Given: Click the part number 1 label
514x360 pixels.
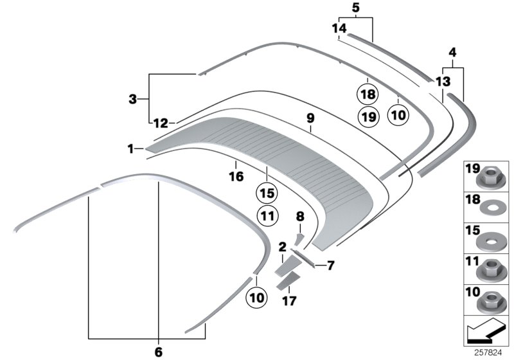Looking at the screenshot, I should coord(130,148).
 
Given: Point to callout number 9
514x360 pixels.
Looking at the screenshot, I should coord(310,118).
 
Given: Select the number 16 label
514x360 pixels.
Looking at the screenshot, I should coord(236,175).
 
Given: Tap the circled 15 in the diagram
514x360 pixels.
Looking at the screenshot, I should coord(267,192).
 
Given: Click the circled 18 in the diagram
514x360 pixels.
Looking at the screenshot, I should coord(368,94).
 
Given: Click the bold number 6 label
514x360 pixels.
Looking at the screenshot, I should coord(159,352).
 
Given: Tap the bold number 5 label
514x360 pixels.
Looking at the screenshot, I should coord(355,8).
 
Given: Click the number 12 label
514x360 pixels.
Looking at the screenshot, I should coord(161,122).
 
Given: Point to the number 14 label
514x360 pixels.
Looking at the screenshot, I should coord(339,28).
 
